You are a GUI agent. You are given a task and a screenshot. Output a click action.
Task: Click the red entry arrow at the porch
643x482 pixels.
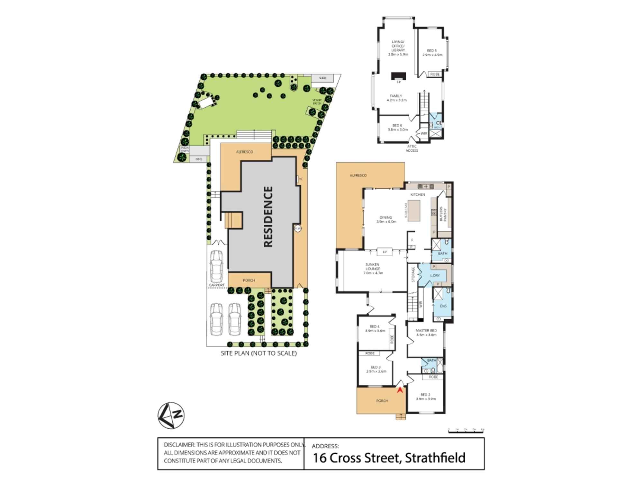click(x=400, y=390)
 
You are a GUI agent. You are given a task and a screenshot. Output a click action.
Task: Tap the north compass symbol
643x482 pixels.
click(x=171, y=415)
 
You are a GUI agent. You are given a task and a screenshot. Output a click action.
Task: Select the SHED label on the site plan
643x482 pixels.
click(x=322, y=78)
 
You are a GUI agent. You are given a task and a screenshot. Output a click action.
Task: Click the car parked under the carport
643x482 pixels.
click(x=216, y=266)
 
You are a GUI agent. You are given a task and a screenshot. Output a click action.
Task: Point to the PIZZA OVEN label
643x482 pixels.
click(x=185, y=149)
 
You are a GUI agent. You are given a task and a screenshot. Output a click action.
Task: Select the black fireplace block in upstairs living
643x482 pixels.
click(x=399, y=76)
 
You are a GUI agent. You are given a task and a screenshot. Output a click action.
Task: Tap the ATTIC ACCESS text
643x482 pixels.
click(x=412, y=148)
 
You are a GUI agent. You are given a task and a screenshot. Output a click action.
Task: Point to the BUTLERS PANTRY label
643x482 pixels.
click(x=443, y=214)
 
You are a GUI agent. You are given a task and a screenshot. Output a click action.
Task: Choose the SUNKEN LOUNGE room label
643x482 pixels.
click(x=373, y=269)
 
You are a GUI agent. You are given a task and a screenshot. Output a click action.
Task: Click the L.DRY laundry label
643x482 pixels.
click(x=435, y=276)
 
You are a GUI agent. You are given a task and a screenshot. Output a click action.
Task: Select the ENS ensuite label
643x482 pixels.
click(x=443, y=306)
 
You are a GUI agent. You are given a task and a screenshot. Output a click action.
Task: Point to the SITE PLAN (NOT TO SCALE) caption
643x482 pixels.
click(x=258, y=353)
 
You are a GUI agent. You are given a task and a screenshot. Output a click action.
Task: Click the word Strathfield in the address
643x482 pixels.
click(x=435, y=458)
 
